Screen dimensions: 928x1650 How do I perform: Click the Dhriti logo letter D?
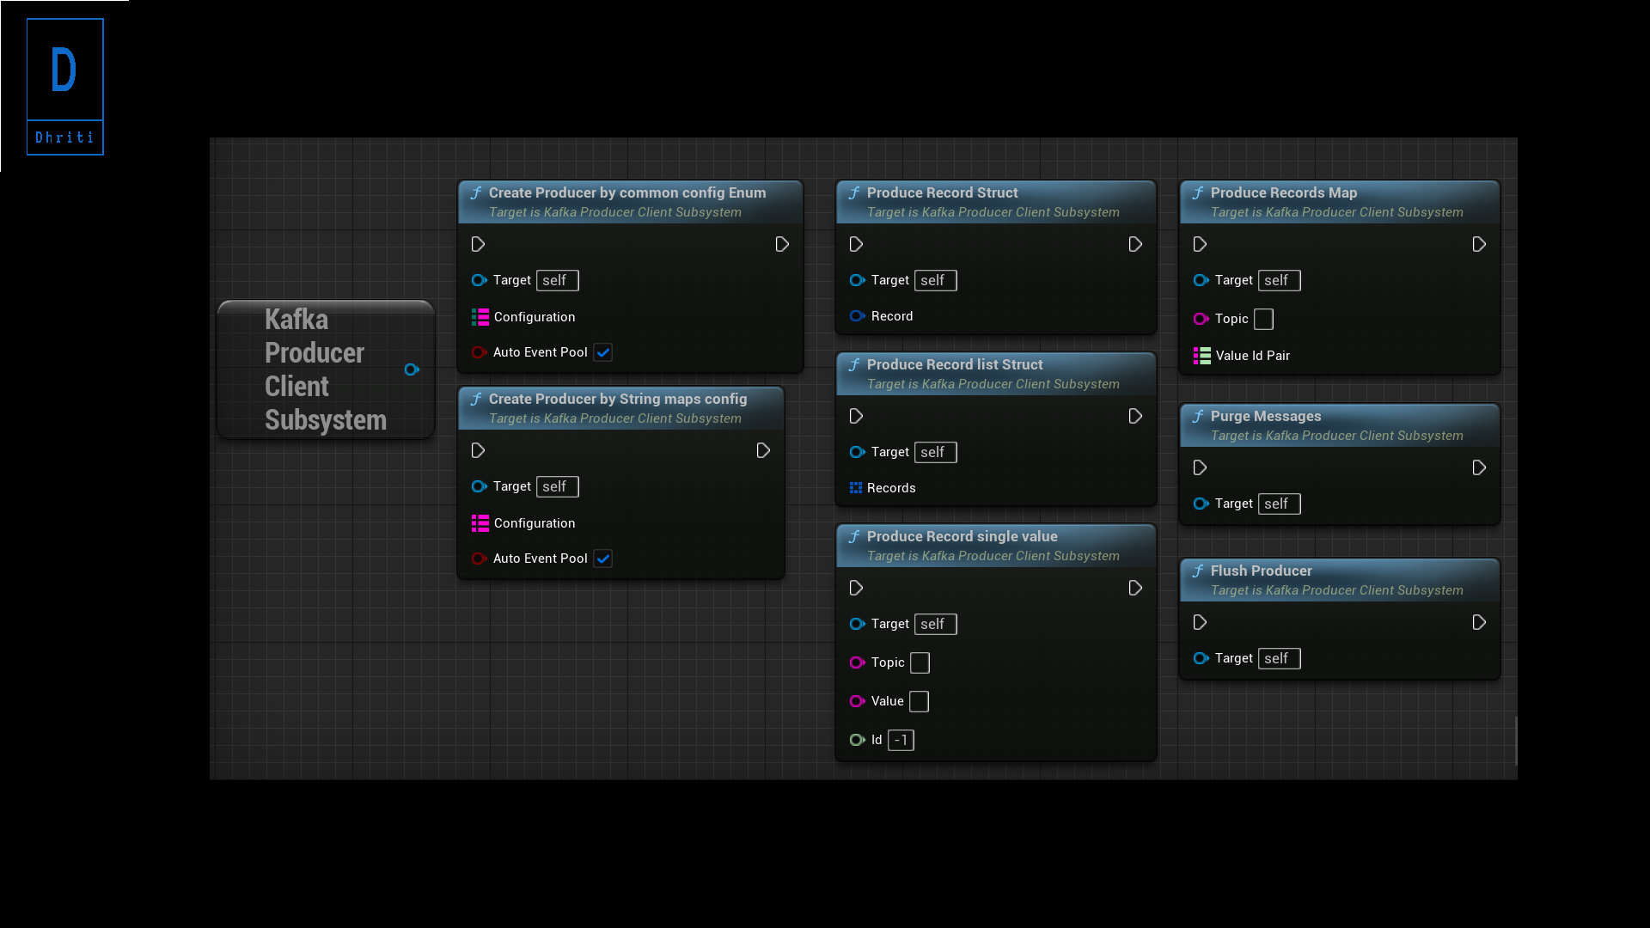point(64,70)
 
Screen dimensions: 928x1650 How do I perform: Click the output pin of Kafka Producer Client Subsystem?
point(412,369)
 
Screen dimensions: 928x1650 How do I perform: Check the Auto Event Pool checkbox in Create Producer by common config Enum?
point(603,352)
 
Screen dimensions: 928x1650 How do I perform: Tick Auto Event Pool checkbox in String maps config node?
point(603,559)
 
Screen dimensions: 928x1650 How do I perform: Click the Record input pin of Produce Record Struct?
point(857,316)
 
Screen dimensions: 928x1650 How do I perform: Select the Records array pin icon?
point(856,488)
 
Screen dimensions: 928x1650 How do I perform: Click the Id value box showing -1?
point(901,740)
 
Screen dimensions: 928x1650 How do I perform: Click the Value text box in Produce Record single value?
point(919,701)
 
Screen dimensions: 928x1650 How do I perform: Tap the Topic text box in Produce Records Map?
point(1263,319)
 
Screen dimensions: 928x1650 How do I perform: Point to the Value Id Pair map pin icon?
point(1201,356)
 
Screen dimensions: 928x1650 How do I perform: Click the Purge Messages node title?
point(1265,417)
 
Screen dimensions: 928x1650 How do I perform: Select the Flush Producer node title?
point(1261,571)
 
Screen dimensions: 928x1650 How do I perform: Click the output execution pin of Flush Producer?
point(1479,622)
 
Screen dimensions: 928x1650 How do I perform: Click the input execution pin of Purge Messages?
point(1200,467)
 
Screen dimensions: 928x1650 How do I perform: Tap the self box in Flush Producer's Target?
point(1279,658)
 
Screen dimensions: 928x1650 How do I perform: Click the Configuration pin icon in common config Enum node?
point(480,317)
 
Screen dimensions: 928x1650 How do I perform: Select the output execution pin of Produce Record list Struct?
point(1135,416)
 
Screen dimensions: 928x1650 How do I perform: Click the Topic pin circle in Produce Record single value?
point(857,662)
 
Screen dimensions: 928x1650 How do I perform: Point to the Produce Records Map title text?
point(1283,193)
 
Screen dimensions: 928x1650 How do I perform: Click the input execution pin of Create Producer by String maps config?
point(478,450)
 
